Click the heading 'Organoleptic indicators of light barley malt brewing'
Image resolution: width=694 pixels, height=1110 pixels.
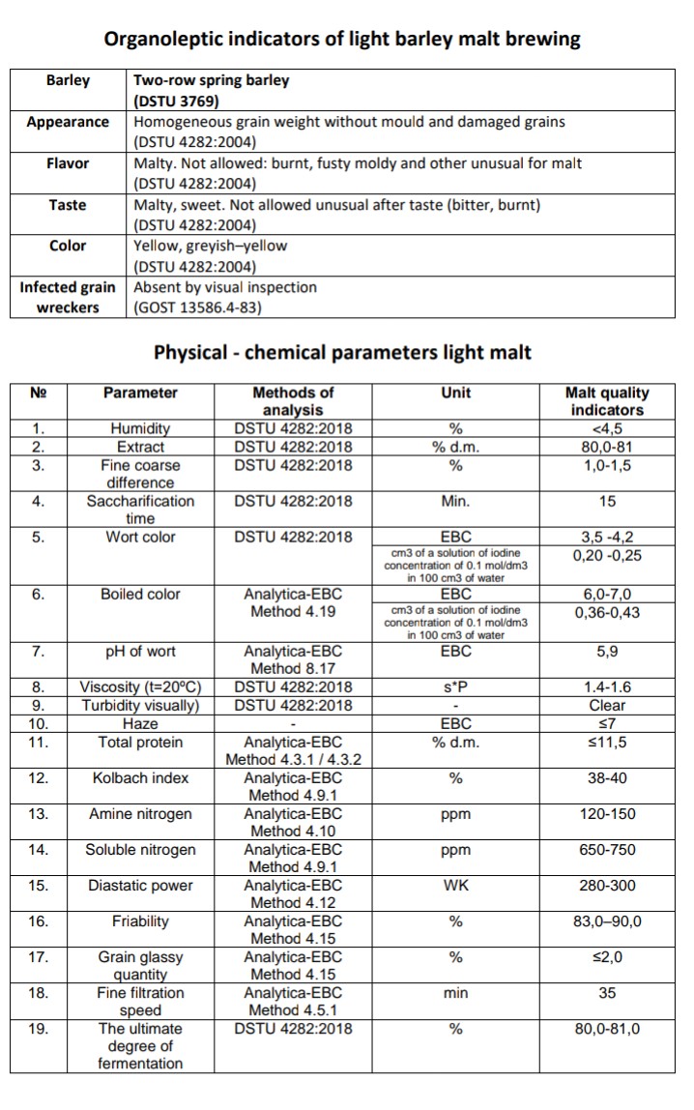tap(342, 39)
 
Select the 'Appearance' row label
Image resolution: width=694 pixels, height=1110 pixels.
tap(68, 122)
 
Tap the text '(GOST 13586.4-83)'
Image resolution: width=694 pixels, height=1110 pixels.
tap(197, 307)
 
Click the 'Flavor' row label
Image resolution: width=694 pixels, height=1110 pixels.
tap(68, 163)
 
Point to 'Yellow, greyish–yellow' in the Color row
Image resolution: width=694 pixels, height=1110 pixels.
tap(210, 246)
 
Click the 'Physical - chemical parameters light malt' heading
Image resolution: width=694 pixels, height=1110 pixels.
tap(342, 352)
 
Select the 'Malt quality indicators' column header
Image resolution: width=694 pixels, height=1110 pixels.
tap(606, 401)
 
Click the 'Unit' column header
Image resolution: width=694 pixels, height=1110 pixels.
tap(455, 393)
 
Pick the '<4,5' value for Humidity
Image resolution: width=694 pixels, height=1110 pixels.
tap(606, 428)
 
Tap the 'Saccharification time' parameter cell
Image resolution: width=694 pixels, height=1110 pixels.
tap(140, 510)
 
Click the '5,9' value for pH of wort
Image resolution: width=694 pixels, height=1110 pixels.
tap(606, 652)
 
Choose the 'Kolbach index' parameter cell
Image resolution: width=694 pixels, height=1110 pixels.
tap(140, 777)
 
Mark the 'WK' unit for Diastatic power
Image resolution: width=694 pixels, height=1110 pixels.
tap(455, 885)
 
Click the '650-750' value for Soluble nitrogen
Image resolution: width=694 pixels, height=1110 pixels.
tap(606, 849)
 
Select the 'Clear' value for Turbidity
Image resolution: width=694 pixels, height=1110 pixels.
tap(606, 705)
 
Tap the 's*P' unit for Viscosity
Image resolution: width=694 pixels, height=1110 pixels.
tap(455, 687)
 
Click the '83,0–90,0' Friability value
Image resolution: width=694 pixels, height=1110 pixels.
tap(606, 920)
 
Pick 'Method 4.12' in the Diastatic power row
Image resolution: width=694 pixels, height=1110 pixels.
tap(295, 903)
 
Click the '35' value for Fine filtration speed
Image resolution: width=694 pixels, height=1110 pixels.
tap(606, 992)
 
